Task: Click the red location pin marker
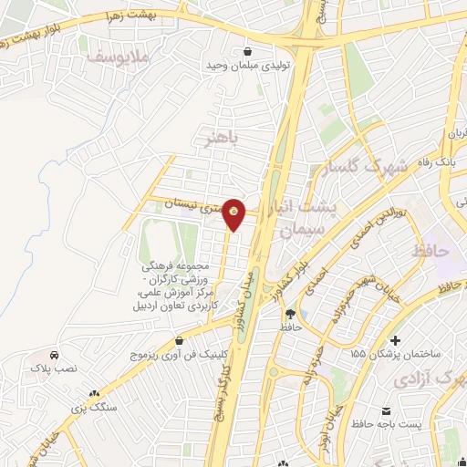(234, 213)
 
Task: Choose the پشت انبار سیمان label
(309, 220)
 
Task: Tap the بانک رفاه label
(434, 161)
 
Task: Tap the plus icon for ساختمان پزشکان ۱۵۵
(394, 339)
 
